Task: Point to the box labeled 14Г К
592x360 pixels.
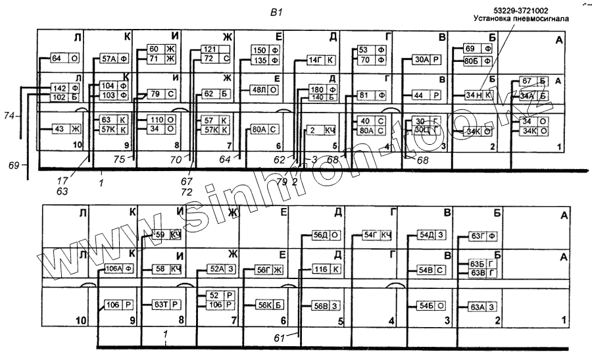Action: (x=322, y=61)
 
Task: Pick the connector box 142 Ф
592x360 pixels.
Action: (x=66, y=88)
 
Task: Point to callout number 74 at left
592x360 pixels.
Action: (x=9, y=116)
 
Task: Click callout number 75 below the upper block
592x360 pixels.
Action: (x=120, y=159)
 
